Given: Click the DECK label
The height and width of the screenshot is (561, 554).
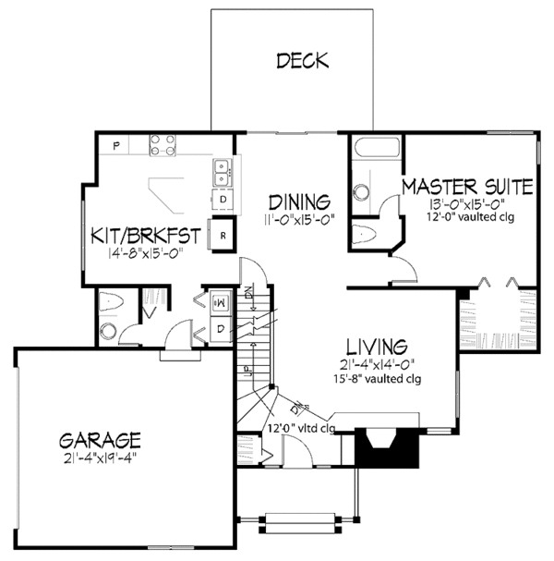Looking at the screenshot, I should (x=302, y=62).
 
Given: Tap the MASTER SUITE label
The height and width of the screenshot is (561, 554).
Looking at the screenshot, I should (x=466, y=187).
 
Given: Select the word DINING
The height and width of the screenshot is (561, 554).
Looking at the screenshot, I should (x=300, y=202).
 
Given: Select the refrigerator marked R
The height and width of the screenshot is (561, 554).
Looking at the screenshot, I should (x=224, y=235).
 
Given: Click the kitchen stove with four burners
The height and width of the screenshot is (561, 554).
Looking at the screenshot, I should (x=164, y=144).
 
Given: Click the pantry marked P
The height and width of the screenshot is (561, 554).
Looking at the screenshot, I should (x=118, y=145).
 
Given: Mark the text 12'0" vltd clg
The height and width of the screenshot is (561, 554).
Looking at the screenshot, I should (x=300, y=428).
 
